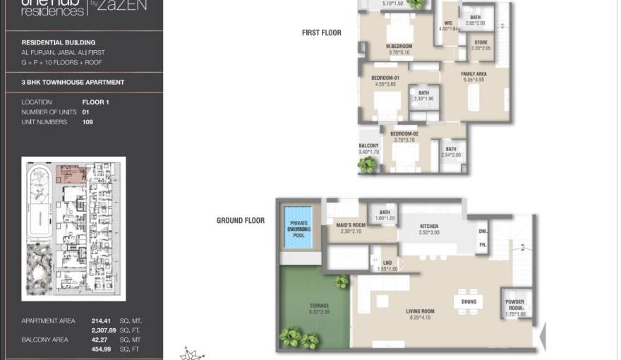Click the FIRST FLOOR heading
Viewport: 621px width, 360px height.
click(x=321, y=32)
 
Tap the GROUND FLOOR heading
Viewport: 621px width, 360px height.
click(x=240, y=220)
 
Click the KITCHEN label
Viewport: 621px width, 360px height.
click(x=429, y=226)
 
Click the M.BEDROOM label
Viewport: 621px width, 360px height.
click(x=399, y=47)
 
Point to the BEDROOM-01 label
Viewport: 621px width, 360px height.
click(x=386, y=78)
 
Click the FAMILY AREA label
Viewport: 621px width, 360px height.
click(x=474, y=74)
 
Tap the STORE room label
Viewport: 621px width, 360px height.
click(x=481, y=42)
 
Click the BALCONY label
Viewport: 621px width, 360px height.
click(x=368, y=146)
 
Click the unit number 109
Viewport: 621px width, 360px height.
click(x=88, y=122)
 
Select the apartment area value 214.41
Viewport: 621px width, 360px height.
click(x=102, y=320)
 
